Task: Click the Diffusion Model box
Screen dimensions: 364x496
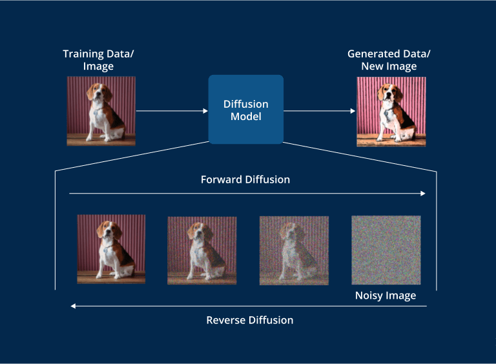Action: pos(245,109)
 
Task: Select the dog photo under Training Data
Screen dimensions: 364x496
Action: pos(101,111)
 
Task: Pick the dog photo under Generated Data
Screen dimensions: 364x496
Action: pos(391,112)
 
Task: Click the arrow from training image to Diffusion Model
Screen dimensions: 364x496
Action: pos(172,111)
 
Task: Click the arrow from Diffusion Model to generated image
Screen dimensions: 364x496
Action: pos(319,111)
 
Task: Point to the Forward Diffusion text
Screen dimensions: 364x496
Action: pos(245,179)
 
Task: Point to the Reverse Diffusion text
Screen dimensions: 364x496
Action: pos(249,320)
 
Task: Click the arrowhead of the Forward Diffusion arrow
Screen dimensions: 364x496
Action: pos(423,193)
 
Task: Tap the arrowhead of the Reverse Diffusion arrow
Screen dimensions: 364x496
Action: pos(73,306)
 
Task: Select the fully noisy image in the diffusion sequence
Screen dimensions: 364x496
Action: pos(386,250)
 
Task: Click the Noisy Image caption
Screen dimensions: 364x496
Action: pos(386,296)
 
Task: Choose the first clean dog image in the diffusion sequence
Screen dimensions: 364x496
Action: pos(111,249)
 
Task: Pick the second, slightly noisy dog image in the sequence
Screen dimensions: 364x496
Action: pos(202,250)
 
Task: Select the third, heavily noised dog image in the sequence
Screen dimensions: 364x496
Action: pos(294,250)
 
